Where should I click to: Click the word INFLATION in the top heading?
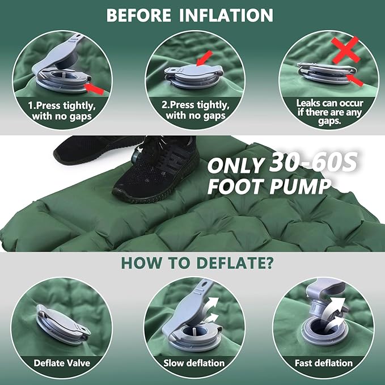pyautogui.click(x=226, y=15)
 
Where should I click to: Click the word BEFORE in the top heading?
pyautogui.click(x=139, y=15)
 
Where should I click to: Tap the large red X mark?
pyautogui.click(x=346, y=50)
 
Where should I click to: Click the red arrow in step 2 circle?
pyautogui.click(x=204, y=58)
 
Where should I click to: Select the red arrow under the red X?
pyautogui.click(x=355, y=80)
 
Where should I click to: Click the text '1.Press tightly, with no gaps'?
pyautogui.click(x=62, y=111)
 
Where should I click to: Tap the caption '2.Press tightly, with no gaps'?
pyautogui.click(x=196, y=110)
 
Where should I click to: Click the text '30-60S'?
pyautogui.click(x=313, y=162)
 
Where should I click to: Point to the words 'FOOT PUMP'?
pyautogui.click(x=269, y=187)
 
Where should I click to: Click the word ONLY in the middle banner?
pyautogui.click(x=235, y=165)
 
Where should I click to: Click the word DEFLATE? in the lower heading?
pyautogui.click(x=235, y=263)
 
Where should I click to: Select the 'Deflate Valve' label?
pyautogui.click(x=62, y=363)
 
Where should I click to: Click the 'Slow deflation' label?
pyautogui.click(x=194, y=363)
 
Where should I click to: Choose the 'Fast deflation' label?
pyautogui.click(x=324, y=363)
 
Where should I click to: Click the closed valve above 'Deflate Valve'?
pyautogui.click(x=63, y=324)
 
